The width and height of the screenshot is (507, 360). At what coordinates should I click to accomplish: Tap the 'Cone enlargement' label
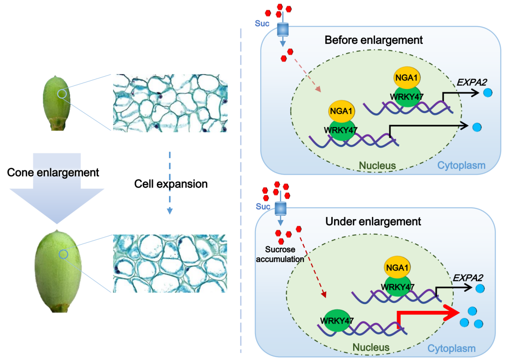(53, 173)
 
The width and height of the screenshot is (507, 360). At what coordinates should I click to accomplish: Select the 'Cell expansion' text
(171, 184)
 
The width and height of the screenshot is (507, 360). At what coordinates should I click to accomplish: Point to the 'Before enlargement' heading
(374, 40)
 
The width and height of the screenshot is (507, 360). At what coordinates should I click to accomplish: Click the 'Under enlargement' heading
(373, 221)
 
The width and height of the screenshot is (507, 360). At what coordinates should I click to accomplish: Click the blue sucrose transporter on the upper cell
(283, 29)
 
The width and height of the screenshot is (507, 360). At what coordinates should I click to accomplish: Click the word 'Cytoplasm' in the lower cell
(451, 348)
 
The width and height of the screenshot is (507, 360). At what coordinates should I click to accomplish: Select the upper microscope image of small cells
(170, 103)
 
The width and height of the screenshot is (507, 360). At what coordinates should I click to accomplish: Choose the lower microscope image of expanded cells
(170, 263)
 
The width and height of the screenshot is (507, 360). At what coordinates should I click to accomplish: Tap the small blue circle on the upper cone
(62, 93)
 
